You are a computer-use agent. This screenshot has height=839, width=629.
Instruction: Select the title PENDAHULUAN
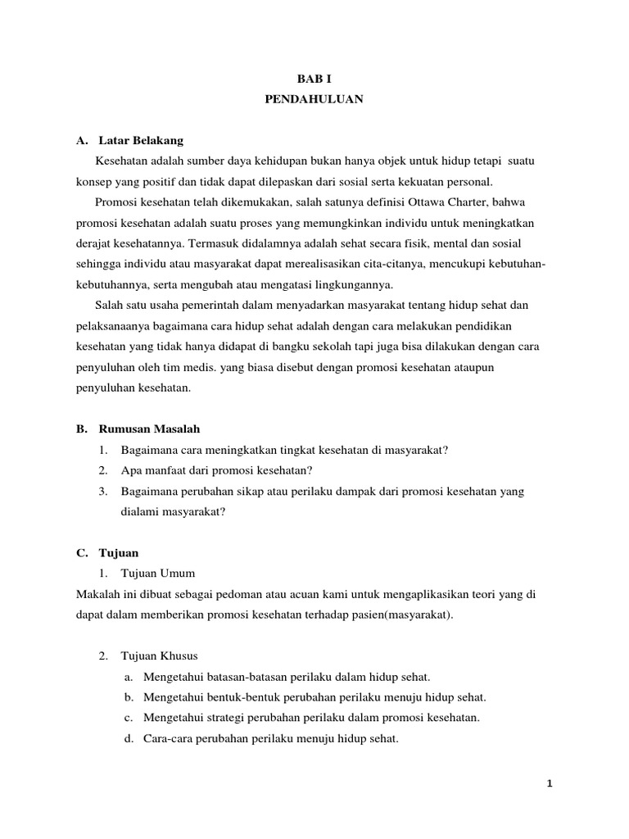pyautogui.click(x=314, y=99)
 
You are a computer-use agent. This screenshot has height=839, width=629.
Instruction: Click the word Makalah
pyautogui.click(x=96, y=593)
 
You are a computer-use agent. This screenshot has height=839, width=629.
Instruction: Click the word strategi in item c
pyautogui.click(x=227, y=718)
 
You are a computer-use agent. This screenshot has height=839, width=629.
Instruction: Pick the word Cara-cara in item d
pyautogui.click(x=165, y=738)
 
